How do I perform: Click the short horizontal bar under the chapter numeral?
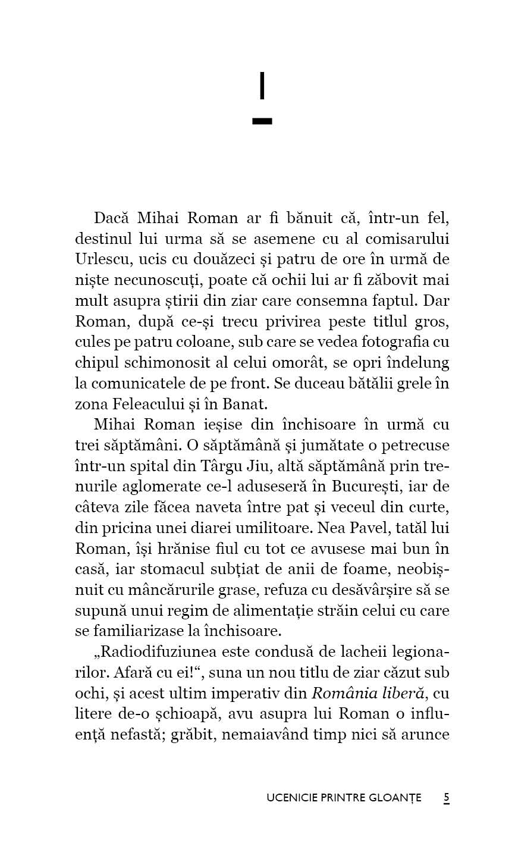click(262, 121)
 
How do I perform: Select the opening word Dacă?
click(112, 218)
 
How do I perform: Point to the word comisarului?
click(407, 239)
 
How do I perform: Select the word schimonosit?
click(172, 363)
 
